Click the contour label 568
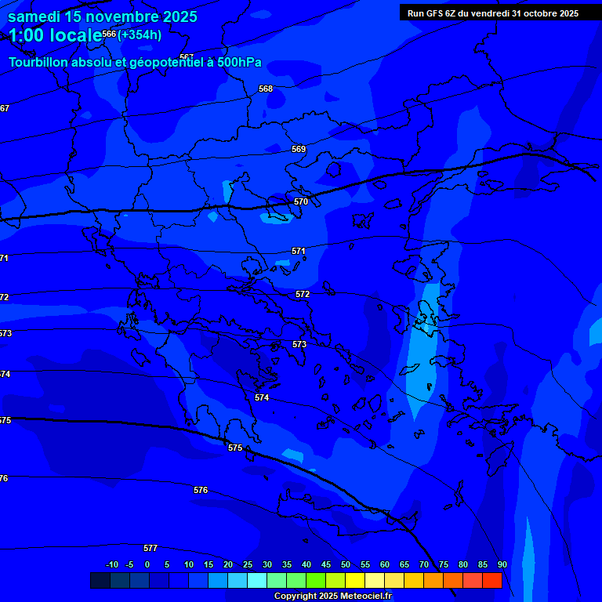(266, 89)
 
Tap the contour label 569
(299, 149)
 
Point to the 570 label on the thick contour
(301, 201)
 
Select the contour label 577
(150, 548)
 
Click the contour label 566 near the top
(109, 34)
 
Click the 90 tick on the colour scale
(502, 564)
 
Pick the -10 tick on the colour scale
(111, 564)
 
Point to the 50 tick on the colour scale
(346, 564)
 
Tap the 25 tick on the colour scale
(248, 564)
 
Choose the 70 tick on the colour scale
(424, 564)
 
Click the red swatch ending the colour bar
(491, 580)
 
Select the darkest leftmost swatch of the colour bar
(100, 580)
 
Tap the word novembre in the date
(122, 16)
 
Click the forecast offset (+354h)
(140, 34)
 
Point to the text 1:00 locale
(55, 35)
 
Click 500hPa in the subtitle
(239, 63)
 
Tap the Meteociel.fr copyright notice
(332, 597)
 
